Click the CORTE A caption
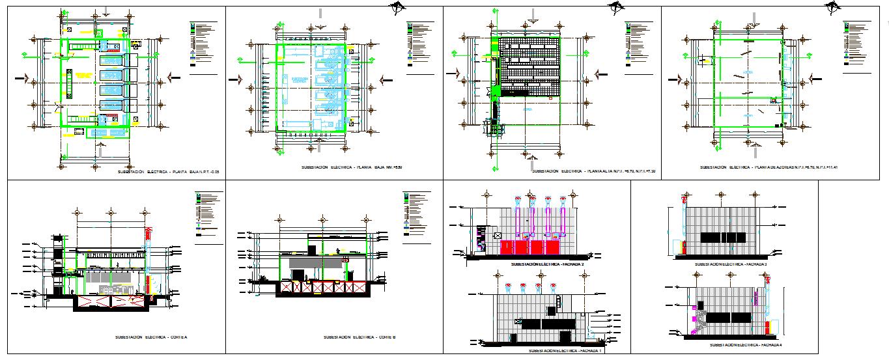pyautogui.click(x=151, y=337)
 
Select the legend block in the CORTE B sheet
pyautogui.click(x=416, y=214)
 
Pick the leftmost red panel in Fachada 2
pyautogui.click(x=508, y=247)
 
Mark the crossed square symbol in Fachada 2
pyautogui.click(x=498, y=235)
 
